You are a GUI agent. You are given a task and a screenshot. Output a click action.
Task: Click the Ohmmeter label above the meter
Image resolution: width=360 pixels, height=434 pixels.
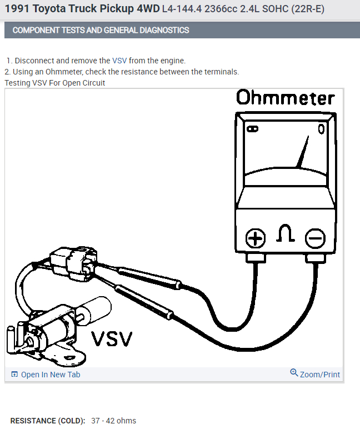point(286,98)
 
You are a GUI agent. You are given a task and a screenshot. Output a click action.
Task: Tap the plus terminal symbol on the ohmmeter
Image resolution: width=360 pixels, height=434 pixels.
point(256,238)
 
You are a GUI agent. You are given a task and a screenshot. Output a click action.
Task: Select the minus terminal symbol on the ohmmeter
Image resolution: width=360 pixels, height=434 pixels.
point(315,238)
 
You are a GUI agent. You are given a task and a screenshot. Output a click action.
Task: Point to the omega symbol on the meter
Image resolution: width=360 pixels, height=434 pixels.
point(285,236)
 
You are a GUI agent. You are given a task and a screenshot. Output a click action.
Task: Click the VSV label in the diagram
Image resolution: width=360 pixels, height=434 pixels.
point(112,338)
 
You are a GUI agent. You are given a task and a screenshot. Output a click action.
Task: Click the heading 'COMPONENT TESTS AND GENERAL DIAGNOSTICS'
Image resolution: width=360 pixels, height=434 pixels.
point(101,30)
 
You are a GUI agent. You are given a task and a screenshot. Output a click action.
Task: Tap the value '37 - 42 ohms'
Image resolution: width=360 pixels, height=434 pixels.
point(113,421)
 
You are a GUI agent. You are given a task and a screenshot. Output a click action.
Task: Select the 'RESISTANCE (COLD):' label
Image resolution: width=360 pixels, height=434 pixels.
point(48,421)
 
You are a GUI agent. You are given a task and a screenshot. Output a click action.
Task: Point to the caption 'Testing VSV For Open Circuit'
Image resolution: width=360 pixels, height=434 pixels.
point(55,83)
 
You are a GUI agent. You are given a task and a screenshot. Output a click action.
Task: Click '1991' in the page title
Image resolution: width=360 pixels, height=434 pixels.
point(17,9)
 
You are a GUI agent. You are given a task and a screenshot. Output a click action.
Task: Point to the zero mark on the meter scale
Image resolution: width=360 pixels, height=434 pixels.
point(321,129)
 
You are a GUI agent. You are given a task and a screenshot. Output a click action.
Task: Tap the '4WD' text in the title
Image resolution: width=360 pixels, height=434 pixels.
point(147,9)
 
